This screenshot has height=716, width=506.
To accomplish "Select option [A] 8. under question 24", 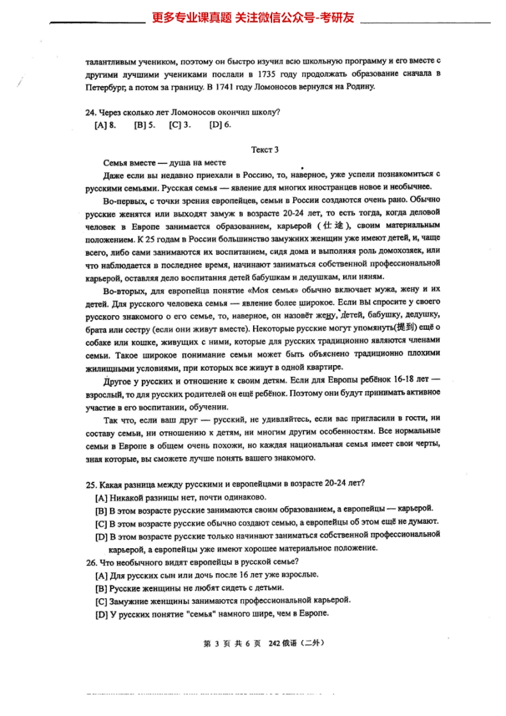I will point(105,125).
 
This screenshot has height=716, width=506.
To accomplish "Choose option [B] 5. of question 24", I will point(144,125).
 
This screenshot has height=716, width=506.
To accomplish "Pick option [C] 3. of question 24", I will point(180,125).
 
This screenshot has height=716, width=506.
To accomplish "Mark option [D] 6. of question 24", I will point(220,125).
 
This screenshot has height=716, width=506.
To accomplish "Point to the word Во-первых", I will point(122,200).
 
